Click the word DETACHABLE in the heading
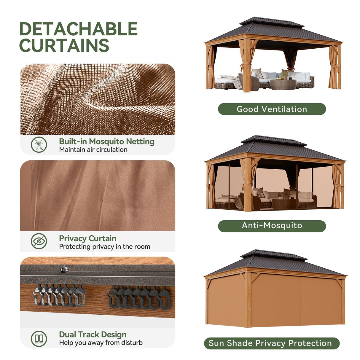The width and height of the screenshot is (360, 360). [78, 29]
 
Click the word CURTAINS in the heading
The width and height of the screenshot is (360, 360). [64, 45]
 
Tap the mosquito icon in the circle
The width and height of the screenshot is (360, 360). [39, 145]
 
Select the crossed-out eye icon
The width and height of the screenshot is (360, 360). [39, 241]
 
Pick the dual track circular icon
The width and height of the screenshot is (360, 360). [39, 338]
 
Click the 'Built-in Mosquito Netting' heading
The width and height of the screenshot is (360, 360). [106, 141]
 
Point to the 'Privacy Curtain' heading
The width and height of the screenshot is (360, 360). [87, 238]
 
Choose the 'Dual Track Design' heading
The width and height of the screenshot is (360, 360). [93, 334]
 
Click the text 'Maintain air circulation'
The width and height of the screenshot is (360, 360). [93, 150]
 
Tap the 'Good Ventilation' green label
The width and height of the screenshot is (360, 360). [272, 109]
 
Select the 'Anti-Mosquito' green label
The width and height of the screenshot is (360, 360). [272, 225]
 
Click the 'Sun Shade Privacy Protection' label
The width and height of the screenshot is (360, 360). [270, 343]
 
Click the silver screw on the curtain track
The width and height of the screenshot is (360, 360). [64, 270]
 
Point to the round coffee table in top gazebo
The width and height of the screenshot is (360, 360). [283, 84]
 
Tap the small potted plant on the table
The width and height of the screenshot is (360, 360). [284, 75]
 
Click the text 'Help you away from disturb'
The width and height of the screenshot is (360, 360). [101, 343]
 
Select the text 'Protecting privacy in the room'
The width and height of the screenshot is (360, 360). [104, 247]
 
